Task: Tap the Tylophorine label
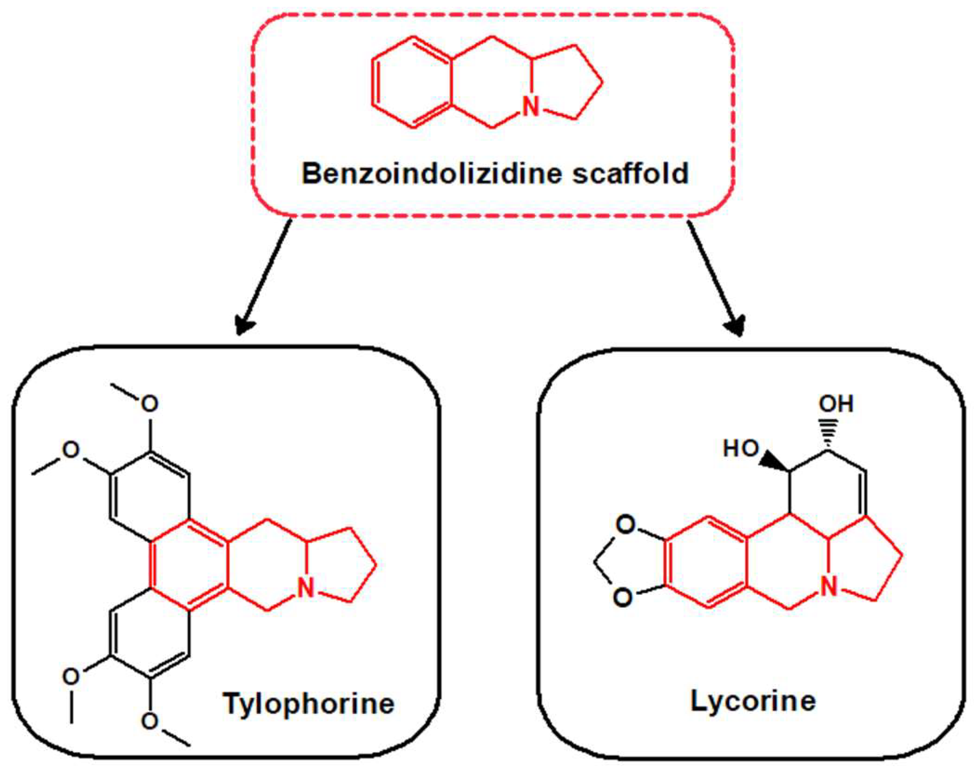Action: [309, 703]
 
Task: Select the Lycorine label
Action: [753, 700]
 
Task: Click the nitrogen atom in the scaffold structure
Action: [530, 106]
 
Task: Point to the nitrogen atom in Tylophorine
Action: [306, 588]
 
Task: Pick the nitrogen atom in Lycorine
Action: [829, 587]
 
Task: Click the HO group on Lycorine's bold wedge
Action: [741, 449]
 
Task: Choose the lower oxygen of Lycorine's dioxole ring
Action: [623, 597]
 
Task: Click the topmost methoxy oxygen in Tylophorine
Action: [149, 404]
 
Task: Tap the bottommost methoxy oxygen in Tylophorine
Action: [149, 721]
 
